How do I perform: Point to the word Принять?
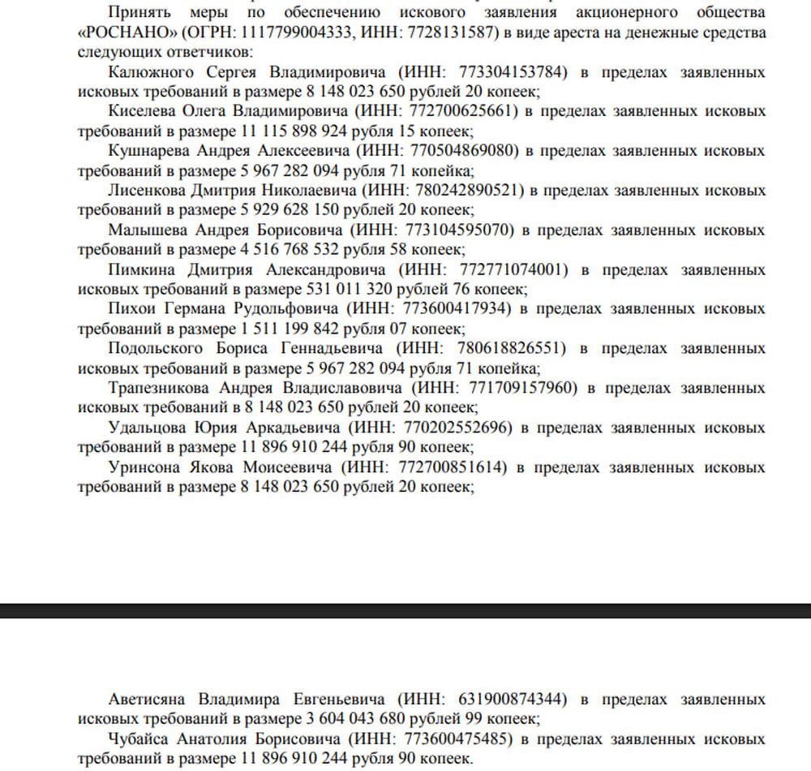138,14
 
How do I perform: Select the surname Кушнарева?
149,151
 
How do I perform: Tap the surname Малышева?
147,230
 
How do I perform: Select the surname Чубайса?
140,739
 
